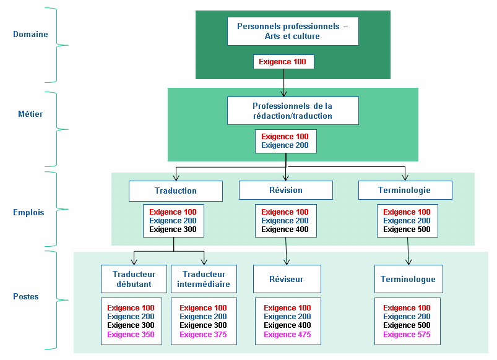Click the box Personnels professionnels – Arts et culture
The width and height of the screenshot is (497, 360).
[x=293, y=32]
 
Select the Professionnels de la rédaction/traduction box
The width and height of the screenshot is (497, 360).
[x=293, y=111]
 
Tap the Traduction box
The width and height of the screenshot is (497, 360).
[x=176, y=191]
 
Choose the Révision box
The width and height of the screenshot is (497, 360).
[x=285, y=190]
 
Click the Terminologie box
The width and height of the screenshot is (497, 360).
[x=405, y=190]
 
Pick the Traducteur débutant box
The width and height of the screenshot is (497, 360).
[x=134, y=279]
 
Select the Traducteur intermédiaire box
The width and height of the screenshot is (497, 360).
[x=204, y=279]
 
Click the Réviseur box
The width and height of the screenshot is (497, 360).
[x=287, y=279]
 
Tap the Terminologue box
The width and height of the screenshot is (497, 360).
[x=408, y=279]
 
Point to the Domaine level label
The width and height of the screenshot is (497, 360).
[x=30, y=35]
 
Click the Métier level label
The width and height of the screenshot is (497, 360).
[x=30, y=114]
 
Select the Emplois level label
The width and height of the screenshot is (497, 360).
[x=28, y=212]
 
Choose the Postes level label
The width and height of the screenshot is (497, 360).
[x=26, y=296]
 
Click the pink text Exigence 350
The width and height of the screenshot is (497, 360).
[x=131, y=335]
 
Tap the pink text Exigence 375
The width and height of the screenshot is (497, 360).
[x=203, y=335]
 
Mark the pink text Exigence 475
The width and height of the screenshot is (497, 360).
[x=287, y=335]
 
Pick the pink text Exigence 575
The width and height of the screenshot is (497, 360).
[x=407, y=335]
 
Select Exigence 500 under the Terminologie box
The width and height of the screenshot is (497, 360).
[x=407, y=229]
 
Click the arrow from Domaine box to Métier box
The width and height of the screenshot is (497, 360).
[x=284, y=82]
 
